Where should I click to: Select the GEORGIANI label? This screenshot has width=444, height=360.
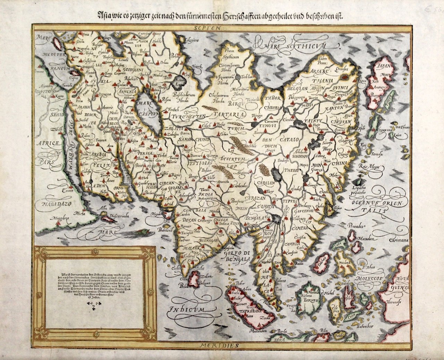132,69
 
